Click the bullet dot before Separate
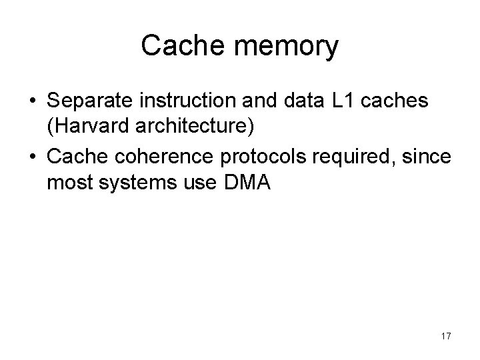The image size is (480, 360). pos(32,104)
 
